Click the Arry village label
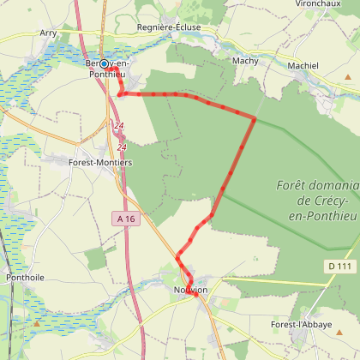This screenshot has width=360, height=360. pos(48,33)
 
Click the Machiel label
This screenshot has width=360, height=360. pos(303,65)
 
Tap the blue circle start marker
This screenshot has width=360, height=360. pos(105,63)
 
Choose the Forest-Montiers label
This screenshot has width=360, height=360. pos(100,160)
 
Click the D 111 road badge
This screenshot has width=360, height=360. pos(340,267)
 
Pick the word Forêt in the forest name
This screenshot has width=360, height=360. pos(295,185)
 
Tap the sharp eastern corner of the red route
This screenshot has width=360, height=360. pos(255,117)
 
